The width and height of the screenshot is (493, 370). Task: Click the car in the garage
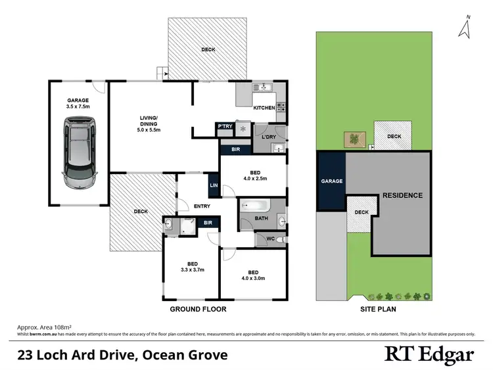[79, 152]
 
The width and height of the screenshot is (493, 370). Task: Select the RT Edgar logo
[429, 355]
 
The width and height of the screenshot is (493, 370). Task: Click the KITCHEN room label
[264, 108]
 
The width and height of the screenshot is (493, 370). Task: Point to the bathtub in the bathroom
[261, 206]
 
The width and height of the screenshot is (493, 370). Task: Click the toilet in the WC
[280, 239]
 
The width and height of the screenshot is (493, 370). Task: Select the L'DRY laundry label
[268, 136]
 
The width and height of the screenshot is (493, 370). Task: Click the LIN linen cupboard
[213, 185]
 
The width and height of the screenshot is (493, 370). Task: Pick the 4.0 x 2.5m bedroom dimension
[252, 178]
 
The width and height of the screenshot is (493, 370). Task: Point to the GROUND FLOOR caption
[199, 308]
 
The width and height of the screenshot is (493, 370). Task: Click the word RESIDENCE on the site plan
[402, 195]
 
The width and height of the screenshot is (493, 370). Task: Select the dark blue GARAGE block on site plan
[331, 181]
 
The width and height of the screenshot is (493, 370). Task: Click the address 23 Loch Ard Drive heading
[122, 356]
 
